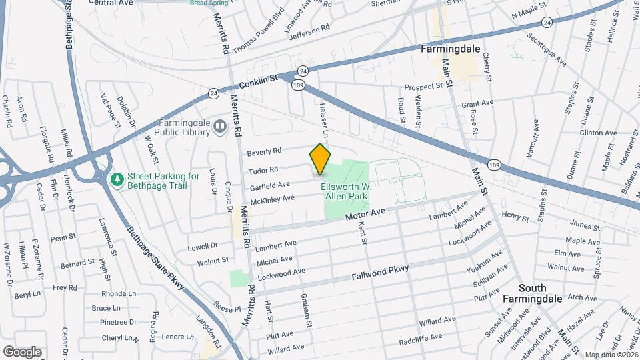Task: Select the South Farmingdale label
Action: coord(542,293)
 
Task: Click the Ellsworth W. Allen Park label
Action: coord(346,192)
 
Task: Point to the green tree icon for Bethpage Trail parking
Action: coord(117,180)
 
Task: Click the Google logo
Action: coord(22,351)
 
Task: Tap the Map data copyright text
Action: coord(611,355)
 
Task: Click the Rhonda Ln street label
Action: coord(119,294)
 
